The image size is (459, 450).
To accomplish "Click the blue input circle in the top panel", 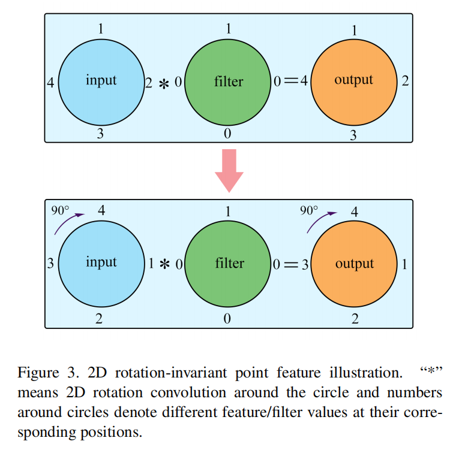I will pos(100,81).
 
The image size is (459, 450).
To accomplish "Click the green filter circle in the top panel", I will pos(227,81).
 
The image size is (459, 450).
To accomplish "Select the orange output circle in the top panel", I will pos(353,81).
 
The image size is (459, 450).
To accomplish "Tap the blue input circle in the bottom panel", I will pos(100,264).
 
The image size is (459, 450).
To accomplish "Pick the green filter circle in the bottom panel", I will pos(227,264).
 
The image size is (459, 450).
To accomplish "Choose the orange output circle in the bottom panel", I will pos(353,264).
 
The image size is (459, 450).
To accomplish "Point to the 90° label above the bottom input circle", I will pos(61,210).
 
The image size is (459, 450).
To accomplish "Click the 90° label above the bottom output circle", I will pos(308,210).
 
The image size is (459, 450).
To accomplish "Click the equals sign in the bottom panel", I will pos(291,264).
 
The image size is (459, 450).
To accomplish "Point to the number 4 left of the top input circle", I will pos(50,83).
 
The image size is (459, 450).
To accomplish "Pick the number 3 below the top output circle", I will pos(353,136).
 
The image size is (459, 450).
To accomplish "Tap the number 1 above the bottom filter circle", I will pos(227,211).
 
